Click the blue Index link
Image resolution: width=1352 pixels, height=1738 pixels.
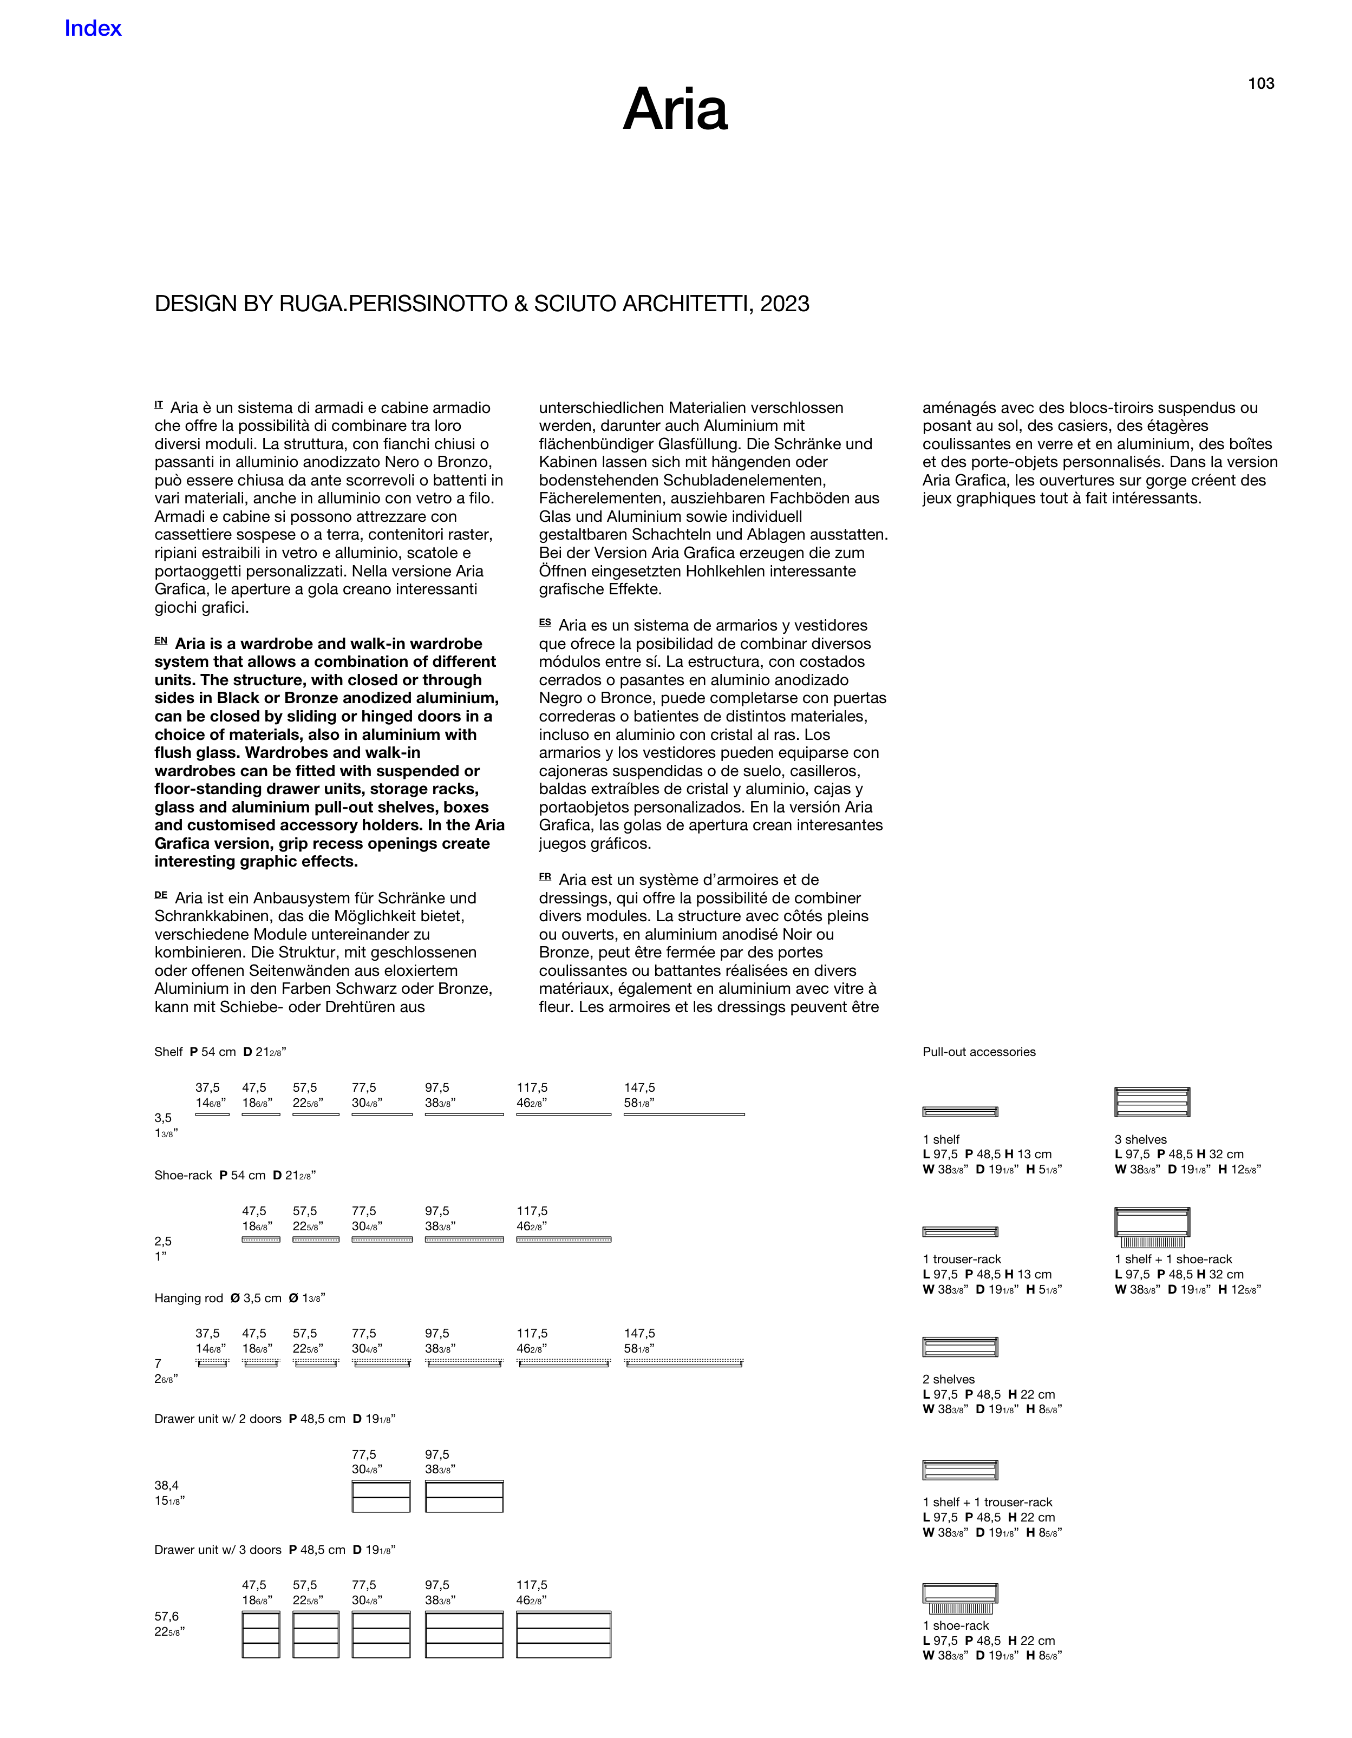[93, 29]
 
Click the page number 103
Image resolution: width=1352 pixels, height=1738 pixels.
[1260, 83]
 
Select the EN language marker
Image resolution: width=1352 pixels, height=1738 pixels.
[161, 641]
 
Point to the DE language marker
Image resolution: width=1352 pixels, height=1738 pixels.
[161, 895]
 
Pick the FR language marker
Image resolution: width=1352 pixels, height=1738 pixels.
[545, 877]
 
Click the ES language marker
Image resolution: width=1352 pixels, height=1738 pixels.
[545, 622]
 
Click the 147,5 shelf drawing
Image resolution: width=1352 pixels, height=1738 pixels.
[684, 1114]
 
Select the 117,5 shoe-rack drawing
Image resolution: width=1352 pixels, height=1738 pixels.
[564, 1239]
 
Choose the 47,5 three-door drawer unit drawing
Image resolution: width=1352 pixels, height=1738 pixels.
[261, 1635]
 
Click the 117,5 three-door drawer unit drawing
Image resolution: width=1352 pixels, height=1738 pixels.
[564, 1635]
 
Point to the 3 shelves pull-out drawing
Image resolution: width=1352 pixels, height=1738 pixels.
[1152, 1102]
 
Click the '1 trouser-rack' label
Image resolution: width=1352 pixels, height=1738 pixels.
[962, 1259]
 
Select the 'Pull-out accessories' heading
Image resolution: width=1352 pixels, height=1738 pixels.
[978, 1052]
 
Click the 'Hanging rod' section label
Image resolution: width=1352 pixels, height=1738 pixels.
[189, 1298]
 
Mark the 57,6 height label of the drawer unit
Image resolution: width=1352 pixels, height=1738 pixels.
[166, 1616]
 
